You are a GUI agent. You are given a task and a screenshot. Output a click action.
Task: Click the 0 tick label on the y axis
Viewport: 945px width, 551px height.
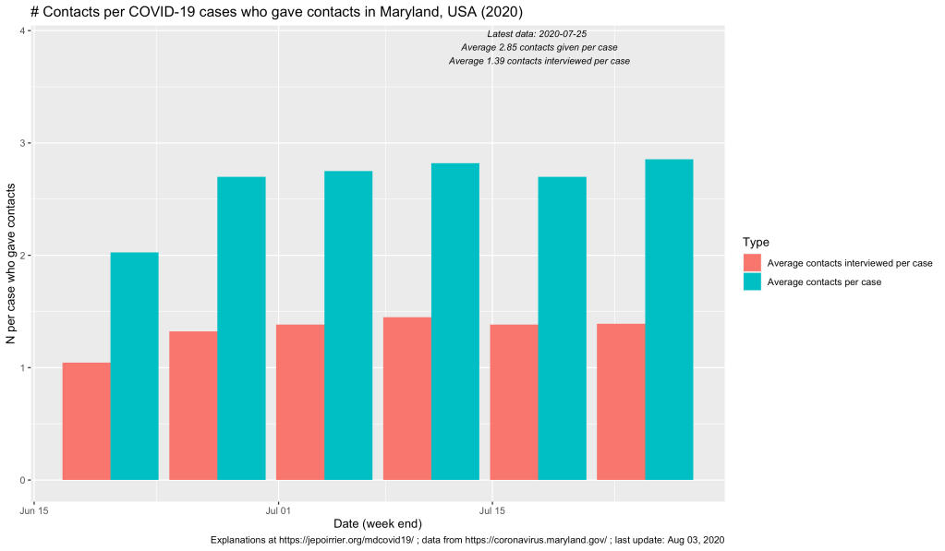tap(23, 480)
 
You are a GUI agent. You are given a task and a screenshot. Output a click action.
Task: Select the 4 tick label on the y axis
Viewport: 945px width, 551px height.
tap(23, 31)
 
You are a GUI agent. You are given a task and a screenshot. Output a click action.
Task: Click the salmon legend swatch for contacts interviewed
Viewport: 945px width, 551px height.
tap(753, 263)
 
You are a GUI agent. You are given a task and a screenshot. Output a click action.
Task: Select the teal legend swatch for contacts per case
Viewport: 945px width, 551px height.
tap(753, 282)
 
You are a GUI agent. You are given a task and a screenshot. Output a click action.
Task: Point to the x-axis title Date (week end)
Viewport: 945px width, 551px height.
tap(379, 523)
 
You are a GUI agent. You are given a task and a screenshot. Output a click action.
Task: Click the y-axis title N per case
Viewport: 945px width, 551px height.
tap(11, 264)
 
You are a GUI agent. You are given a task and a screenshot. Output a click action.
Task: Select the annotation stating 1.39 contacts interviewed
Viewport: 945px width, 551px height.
tap(539, 61)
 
